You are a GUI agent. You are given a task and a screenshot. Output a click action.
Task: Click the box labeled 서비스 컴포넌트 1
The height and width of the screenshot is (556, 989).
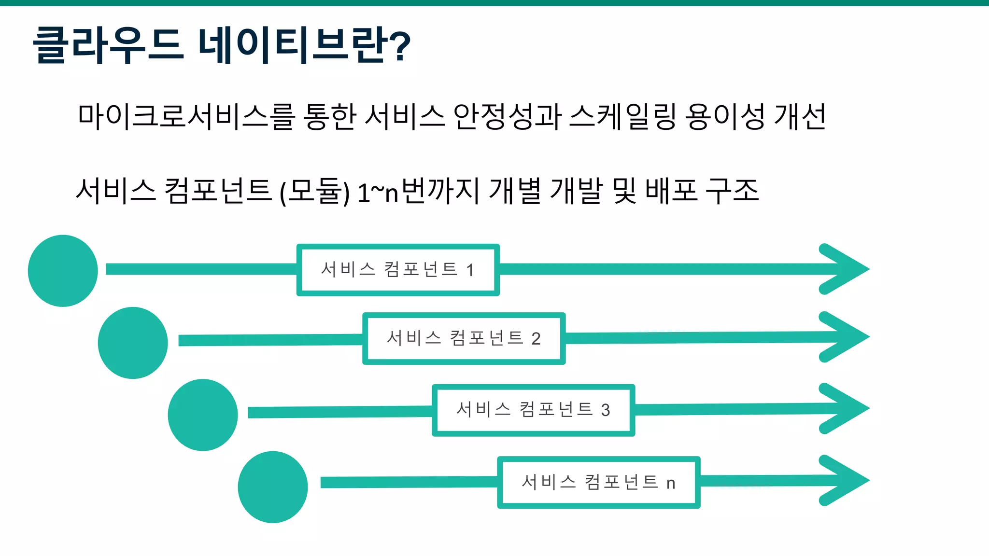398,270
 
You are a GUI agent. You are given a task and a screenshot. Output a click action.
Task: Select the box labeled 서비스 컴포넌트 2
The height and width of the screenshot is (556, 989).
464,338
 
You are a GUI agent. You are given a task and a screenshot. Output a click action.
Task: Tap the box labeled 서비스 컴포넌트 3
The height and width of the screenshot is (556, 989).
533,410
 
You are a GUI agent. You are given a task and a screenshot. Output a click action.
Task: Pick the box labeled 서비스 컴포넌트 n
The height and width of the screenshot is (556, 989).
599,482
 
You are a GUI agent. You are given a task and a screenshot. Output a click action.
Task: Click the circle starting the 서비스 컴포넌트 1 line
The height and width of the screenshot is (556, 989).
63,271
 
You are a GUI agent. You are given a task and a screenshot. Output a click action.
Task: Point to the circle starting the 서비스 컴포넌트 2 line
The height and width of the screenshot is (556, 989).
133,343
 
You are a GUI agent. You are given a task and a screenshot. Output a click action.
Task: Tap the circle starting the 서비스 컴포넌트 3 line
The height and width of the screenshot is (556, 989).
203,415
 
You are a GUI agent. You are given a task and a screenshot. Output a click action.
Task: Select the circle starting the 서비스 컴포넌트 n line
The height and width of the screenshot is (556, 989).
273,487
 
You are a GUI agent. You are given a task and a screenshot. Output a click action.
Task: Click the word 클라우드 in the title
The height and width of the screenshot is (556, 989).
109,44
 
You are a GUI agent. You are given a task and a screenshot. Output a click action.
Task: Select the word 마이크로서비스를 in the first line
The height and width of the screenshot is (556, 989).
186,117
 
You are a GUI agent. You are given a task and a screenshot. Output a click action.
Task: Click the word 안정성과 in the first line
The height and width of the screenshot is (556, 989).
507,117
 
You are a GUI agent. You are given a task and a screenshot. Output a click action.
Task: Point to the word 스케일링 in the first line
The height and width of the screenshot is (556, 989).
623,117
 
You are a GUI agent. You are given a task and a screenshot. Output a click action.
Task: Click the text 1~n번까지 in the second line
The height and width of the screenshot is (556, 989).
418,191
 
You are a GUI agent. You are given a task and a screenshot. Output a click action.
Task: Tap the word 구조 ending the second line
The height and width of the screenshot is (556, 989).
732,190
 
